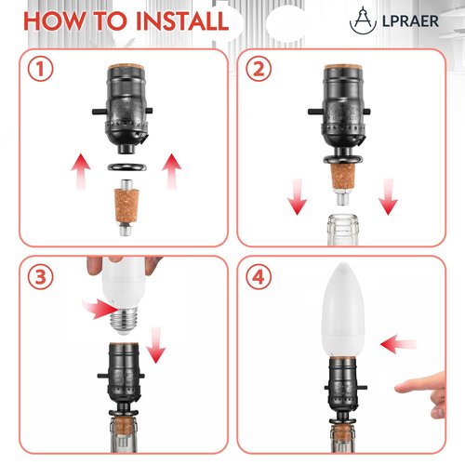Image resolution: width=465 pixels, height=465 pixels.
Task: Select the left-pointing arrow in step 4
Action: [x=397, y=344]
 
